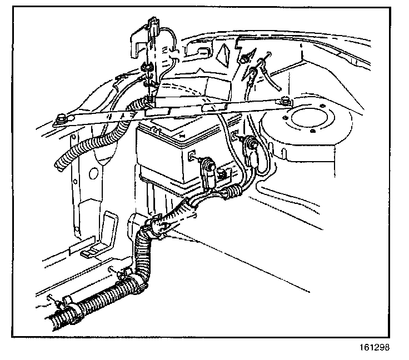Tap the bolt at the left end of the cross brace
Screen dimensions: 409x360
point(60,118)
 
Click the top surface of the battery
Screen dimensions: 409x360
point(178,133)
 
